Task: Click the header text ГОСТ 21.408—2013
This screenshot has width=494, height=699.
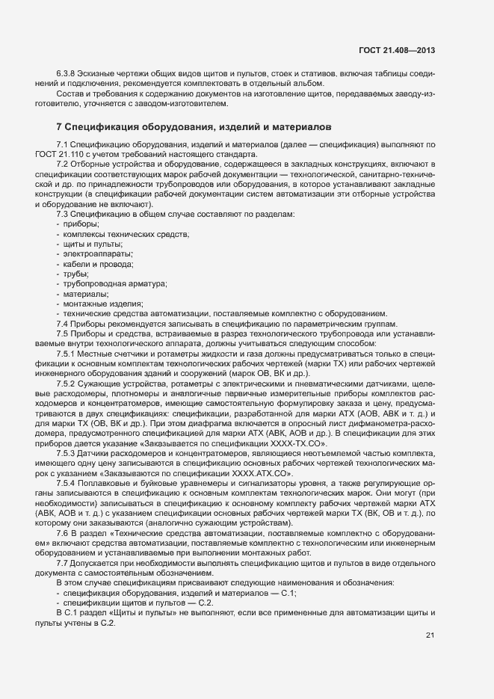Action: coord(396,50)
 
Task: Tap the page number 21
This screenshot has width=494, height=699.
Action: coord(430,635)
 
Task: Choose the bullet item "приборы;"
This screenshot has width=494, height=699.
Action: coord(81,225)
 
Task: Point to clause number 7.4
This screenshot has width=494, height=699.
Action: coord(63,323)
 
